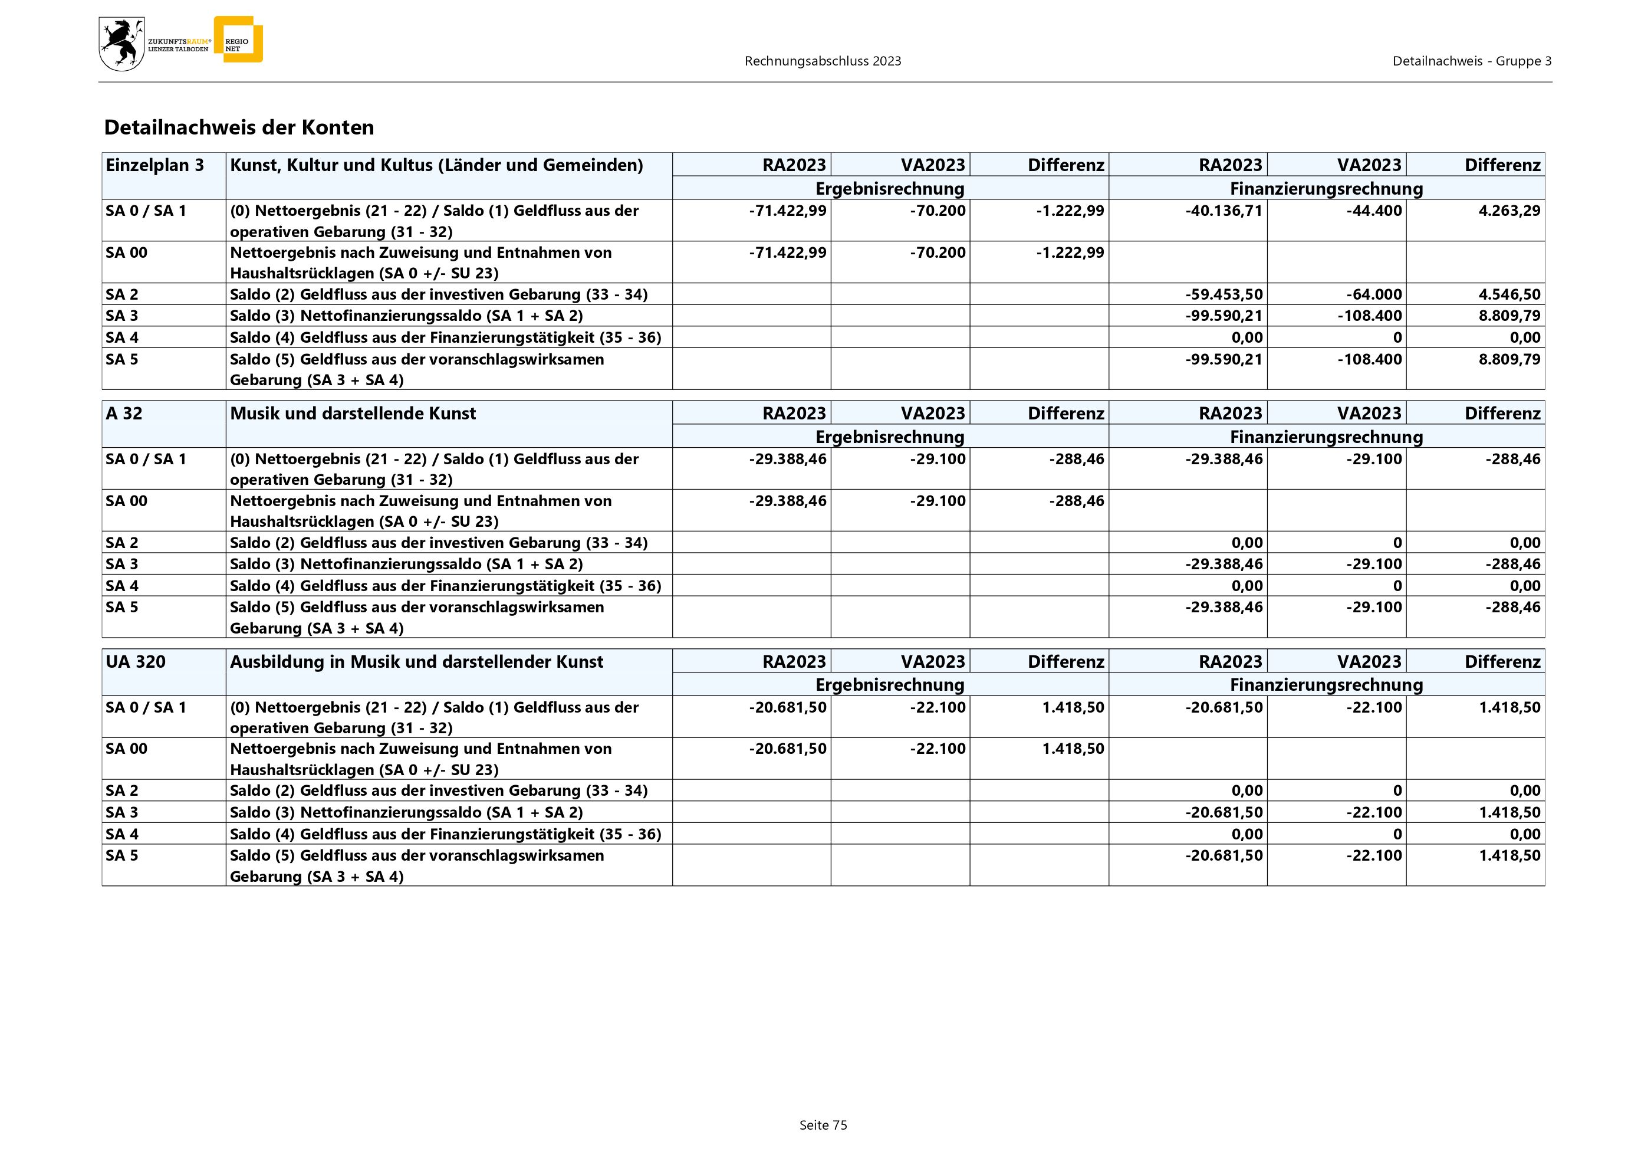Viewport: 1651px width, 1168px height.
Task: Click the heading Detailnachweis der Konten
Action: coord(239,128)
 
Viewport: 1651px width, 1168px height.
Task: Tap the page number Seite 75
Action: coord(823,1126)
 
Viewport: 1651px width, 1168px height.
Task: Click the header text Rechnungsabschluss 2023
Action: coord(823,61)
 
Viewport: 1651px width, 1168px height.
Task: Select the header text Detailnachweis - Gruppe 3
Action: coord(1472,61)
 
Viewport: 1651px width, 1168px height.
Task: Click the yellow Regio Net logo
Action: coord(239,40)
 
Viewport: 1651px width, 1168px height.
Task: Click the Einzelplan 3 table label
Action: coord(154,165)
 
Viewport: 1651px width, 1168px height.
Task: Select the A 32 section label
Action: coord(124,414)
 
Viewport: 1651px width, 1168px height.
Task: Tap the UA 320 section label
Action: coord(135,662)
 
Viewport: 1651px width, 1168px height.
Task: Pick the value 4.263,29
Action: coord(1509,211)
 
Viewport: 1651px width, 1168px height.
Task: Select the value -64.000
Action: coord(1374,294)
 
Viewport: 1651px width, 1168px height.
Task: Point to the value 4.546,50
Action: coord(1509,294)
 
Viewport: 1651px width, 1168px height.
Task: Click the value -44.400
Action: coord(1374,211)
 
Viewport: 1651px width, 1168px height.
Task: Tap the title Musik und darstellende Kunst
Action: coord(353,414)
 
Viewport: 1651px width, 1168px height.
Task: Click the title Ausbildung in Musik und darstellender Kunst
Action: coord(416,662)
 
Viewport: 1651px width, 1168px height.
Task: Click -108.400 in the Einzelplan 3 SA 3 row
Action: coord(1370,316)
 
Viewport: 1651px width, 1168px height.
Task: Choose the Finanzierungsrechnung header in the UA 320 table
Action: coord(1326,685)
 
